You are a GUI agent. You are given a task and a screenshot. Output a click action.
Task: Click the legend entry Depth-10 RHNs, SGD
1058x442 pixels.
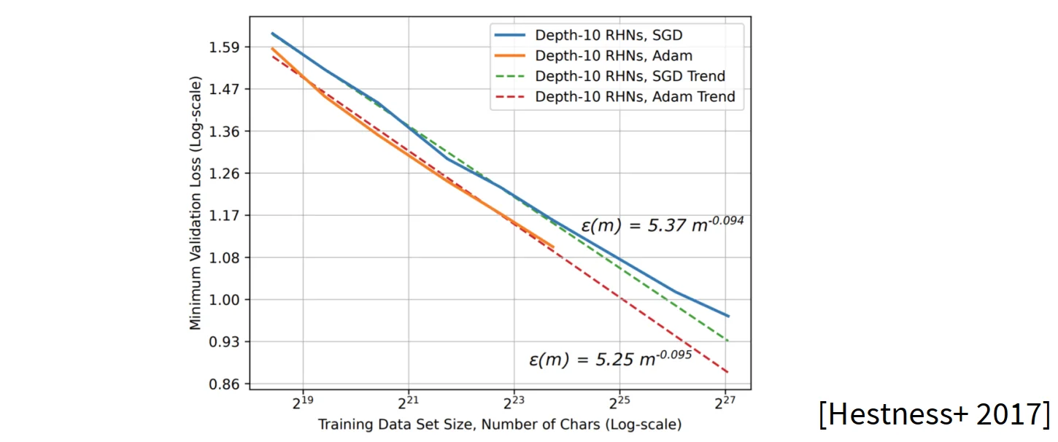pyautogui.click(x=609, y=35)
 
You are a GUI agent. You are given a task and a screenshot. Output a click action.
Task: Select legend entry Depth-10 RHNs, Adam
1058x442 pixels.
pyautogui.click(x=613, y=55)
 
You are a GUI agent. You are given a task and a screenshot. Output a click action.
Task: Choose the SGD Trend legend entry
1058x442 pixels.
pyautogui.click(x=630, y=76)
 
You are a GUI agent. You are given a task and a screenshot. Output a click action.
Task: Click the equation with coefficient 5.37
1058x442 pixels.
pyautogui.click(x=662, y=225)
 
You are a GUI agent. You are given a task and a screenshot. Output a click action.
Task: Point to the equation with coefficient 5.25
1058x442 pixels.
pyautogui.click(x=609, y=359)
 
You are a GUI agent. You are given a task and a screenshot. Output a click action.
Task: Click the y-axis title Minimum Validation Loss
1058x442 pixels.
pyautogui.click(x=195, y=206)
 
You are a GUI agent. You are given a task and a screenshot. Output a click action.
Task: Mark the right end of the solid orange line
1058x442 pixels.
pyautogui.click(x=554, y=247)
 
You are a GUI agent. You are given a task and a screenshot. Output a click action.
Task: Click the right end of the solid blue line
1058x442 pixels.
pyautogui.click(x=728, y=317)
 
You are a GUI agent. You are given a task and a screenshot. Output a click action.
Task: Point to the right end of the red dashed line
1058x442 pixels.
pyautogui.click(x=728, y=373)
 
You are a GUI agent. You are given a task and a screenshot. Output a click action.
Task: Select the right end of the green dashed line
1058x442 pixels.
pyautogui.click(x=728, y=341)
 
